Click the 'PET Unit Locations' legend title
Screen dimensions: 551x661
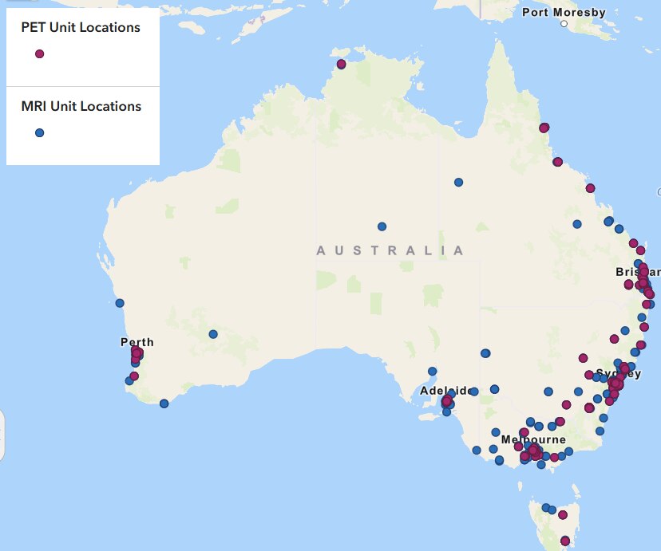coord(80,28)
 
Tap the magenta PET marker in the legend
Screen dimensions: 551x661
coord(39,54)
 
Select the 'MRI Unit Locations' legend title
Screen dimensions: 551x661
coord(80,106)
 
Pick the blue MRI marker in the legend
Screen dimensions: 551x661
coord(39,133)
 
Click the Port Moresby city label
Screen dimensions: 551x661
coord(564,12)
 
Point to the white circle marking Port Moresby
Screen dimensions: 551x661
coord(564,25)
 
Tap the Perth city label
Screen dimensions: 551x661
coord(137,342)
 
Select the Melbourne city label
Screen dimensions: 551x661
coord(533,439)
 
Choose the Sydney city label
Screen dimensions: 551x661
coord(618,373)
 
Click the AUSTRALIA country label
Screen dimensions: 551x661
coord(390,250)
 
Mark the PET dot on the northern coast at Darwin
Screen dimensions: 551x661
coord(342,64)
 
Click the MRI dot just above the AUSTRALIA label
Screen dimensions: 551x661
coord(382,226)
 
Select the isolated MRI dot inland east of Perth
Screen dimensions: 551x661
coord(213,334)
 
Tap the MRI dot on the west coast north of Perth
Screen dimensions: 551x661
coord(120,303)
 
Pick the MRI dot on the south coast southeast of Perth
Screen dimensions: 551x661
coord(164,403)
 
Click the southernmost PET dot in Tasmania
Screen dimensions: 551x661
coord(565,541)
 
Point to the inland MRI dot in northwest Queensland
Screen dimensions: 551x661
coord(458,183)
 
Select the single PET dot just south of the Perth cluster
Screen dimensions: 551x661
coord(134,376)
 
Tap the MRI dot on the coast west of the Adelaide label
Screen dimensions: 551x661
coord(432,371)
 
